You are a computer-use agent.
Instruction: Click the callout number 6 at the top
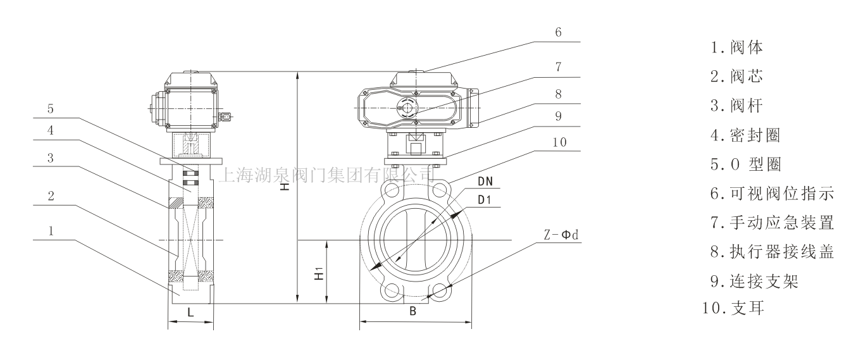point(558,32)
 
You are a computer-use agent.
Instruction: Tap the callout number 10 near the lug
point(559,142)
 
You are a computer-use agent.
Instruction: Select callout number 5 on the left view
point(51,109)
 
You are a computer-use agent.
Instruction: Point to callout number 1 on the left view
point(51,232)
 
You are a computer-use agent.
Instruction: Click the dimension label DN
point(485,182)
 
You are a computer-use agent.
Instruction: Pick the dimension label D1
point(485,200)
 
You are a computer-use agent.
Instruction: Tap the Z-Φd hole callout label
point(561,235)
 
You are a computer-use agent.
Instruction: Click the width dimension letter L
point(190,313)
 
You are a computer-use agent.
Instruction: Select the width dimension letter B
point(413,311)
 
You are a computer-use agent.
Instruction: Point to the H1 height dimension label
point(319,273)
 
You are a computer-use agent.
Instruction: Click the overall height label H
point(285,187)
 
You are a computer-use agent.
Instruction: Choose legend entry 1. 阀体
point(736,47)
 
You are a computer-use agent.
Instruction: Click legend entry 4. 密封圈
point(745,135)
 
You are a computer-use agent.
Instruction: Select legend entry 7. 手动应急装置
point(772,223)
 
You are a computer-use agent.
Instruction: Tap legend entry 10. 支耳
point(733,308)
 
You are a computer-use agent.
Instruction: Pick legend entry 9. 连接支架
point(754,281)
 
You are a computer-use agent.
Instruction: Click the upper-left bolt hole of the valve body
point(392,190)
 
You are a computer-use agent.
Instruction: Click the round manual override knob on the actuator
point(407,106)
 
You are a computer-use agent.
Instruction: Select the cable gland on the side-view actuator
point(226,116)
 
